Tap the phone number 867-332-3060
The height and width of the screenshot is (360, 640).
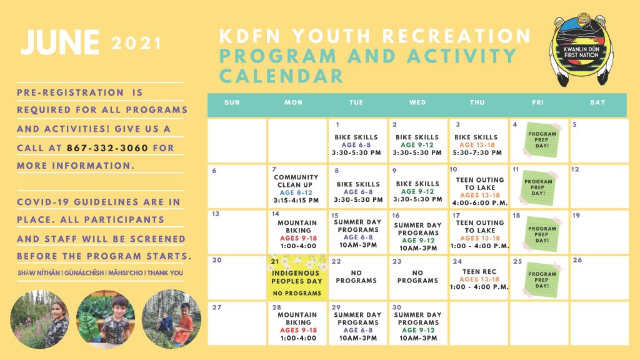(107, 147)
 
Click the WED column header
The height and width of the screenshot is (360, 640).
(417, 102)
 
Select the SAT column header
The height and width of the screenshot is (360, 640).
(597, 102)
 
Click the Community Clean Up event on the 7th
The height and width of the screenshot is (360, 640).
(296, 189)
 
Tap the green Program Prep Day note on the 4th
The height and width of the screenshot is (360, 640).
(542, 139)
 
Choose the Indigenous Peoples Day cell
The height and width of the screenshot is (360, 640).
(297, 278)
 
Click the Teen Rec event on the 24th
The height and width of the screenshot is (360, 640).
(479, 279)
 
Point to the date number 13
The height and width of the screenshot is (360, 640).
(216, 214)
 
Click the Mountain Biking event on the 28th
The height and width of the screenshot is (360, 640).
(297, 326)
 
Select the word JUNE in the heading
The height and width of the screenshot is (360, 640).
(60, 42)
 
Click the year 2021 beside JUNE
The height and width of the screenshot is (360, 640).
(136, 44)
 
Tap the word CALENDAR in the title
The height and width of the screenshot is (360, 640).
(282, 76)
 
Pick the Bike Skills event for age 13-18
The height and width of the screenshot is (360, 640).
(477, 145)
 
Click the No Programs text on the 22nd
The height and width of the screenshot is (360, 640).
(356, 277)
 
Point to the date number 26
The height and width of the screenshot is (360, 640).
(577, 260)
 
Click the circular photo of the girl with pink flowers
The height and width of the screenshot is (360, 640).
(39, 319)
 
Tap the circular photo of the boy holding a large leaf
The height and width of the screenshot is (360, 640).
(106, 319)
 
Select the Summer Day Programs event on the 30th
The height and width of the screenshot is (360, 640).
(418, 326)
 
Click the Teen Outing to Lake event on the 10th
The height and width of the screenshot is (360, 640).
(479, 191)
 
